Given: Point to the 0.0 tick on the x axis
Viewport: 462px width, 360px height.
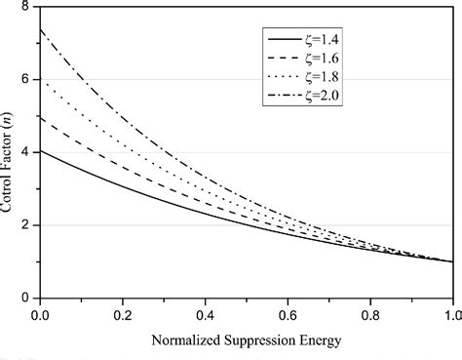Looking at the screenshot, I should coord(40,314).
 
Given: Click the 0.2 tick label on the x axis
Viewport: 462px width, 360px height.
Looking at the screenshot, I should coord(123,314).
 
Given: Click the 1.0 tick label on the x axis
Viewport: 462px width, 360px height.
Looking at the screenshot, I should coord(450,314).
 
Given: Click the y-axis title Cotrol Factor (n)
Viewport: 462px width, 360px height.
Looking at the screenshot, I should coord(9,153).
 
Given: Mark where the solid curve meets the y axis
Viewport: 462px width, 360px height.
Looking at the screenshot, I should coord(40,150).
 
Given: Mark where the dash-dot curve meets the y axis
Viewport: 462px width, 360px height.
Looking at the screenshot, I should coord(40,29).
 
